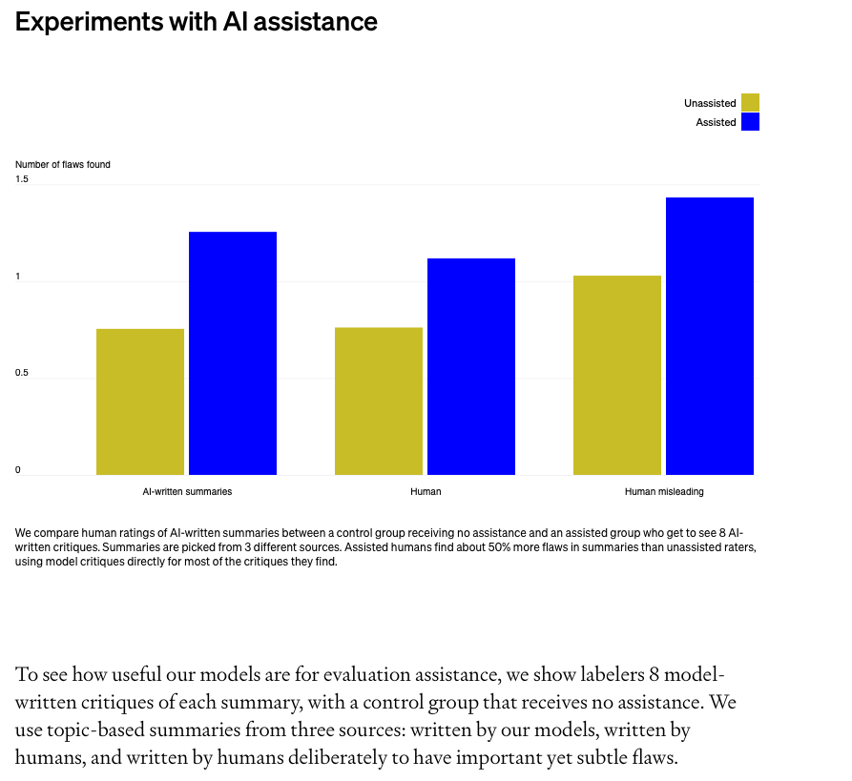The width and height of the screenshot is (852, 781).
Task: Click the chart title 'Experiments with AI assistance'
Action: pos(197,22)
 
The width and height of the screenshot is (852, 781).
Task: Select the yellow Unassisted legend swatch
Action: pos(750,102)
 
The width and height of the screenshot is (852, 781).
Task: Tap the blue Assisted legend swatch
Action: pos(750,122)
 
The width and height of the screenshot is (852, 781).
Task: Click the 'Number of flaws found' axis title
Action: pos(63,165)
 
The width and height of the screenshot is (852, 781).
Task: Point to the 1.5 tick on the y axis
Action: pos(22,179)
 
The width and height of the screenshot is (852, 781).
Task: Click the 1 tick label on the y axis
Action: pos(18,277)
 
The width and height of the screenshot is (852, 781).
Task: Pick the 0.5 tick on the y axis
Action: pos(22,373)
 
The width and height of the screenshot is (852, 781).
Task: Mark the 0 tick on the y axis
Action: pos(18,470)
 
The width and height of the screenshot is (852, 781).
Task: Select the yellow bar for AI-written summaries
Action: pos(140,401)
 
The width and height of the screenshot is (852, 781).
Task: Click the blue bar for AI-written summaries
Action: pos(233,353)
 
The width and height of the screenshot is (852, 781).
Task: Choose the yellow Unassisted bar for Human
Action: pos(379,401)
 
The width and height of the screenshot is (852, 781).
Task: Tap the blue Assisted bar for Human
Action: pos(471,366)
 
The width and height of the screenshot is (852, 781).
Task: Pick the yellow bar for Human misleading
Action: pos(617,375)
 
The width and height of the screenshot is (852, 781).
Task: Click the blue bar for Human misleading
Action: pos(710,336)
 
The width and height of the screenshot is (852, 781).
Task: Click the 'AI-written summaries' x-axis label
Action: pos(187,492)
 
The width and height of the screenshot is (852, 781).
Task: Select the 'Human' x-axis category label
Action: pos(426,492)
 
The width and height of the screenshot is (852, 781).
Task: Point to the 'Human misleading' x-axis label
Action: pos(664,492)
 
